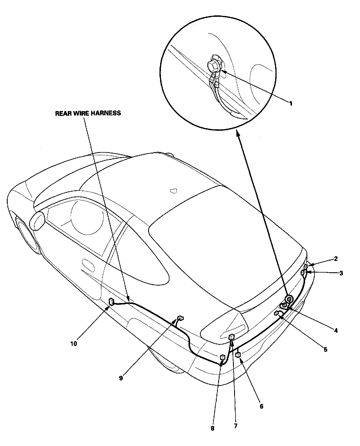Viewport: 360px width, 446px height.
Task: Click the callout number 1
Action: tap(291, 103)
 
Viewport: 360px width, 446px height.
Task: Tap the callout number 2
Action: tap(336, 259)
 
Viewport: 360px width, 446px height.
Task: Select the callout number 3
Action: tap(341, 273)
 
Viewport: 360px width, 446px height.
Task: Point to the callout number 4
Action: tap(336, 330)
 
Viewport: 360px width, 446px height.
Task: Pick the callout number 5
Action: tap(325, 349)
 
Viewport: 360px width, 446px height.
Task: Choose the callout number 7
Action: tap(235, 426)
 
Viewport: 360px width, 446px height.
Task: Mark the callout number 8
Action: tap(212, 428)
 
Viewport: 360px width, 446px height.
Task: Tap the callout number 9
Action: tap(121, 378)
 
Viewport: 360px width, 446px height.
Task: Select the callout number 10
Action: tap(73, 344)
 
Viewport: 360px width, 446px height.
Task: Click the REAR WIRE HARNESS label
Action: tap(88, 113)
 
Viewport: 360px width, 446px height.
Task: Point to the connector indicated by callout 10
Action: tap(111, 301)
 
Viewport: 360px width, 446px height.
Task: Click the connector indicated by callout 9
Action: tap(180, 318)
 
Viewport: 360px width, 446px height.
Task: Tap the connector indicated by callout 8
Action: tap(222, 357)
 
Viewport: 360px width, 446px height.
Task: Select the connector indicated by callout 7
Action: tap(232, 337)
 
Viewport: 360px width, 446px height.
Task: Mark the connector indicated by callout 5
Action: tap(276, 314)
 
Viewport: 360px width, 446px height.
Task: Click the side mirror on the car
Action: tap(38, 220)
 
